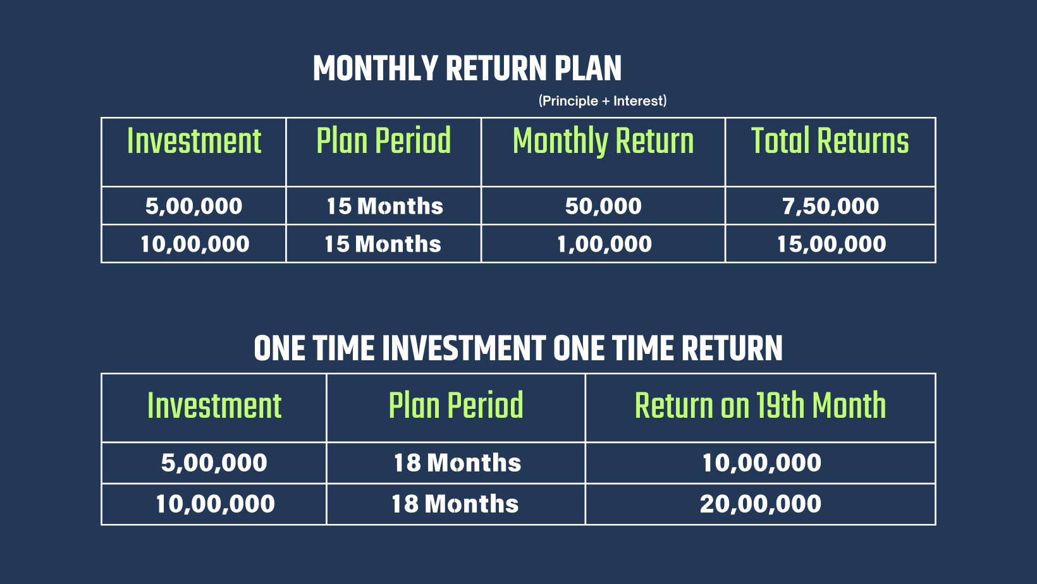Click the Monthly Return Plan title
click(467, 68)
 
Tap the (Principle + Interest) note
click(603, 101)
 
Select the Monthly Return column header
click(603, 141)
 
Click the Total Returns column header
click(830, 141)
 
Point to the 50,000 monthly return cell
click(603, 206)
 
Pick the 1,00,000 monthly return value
click(604, 244)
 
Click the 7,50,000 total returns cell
click(830, 206)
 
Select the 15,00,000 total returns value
click(831, 244)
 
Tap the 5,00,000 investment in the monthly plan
click(193, 206)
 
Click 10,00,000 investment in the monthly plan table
click(195, 244)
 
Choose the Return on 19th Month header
click(760, 406)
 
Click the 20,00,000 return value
click(761, 504)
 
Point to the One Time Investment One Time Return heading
click(518, 348)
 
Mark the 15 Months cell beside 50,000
click(384, 206)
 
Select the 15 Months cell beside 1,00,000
click(383, 244)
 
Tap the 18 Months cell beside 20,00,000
click(455, 504)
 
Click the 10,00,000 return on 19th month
click(761, 463)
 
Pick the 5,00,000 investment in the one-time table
click(214, 463)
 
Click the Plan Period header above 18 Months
click(456, 406)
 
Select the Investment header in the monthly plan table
click(194, 141)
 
